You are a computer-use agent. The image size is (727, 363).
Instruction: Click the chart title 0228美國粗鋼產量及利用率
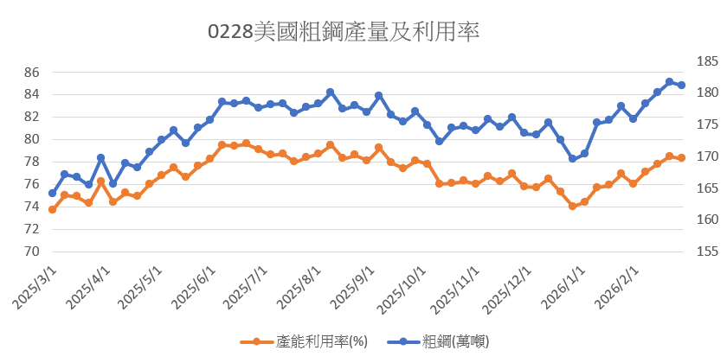[344, 33]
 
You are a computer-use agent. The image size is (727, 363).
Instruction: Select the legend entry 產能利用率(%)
[304, 341]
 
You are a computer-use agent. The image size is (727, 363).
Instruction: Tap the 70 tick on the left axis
[31, 252]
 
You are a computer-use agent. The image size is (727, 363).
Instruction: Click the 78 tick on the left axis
[31, 162]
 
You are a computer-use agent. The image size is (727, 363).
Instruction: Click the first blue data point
[52, 193]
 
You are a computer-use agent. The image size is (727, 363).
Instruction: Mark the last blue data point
[682, 85]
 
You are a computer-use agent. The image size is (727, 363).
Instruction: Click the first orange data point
[52, 209]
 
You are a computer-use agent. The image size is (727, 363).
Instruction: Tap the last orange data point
[682, 157]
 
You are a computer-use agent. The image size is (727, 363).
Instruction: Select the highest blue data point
[670, 82]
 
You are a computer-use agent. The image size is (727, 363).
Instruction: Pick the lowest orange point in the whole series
[573, 206]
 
